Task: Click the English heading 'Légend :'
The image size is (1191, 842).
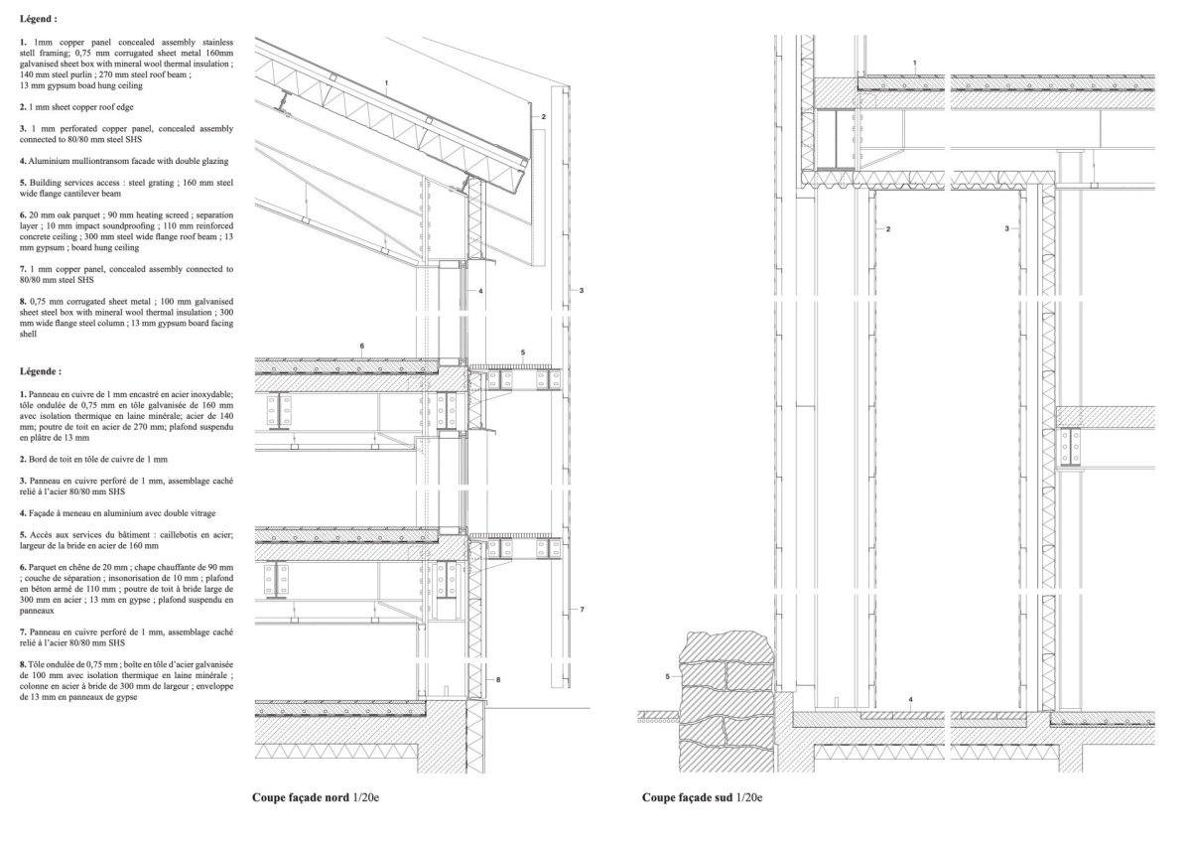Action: click(x=39, y=19)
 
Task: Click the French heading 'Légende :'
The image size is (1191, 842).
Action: click(x=41, y=371)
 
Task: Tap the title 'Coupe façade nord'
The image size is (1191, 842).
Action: click(x=301, y=798)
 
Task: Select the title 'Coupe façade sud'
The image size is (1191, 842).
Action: click(x=688, y=798)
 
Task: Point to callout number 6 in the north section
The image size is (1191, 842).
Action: click(x=362, y=347)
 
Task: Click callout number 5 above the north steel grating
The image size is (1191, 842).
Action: click(x=523, y=352)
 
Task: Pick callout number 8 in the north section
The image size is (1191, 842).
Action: click(x=497, y=680)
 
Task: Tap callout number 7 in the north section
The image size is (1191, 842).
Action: click(x=582, y=610)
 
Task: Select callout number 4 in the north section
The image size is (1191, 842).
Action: click(x=480, y=292)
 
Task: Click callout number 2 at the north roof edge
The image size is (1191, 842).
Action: click(x=543, y=117)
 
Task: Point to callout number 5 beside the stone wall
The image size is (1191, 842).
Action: click(x=667, y=676)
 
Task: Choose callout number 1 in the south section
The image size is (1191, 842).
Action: click(x=914, y=64)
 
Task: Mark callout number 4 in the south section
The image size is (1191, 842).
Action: click(x=910, y=700)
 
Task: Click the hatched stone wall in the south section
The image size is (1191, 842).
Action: click(x=727, y=702)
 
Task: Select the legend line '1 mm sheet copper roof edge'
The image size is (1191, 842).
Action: click(x=76, y=107)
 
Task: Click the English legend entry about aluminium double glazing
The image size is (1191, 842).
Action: click(x=124, y=161)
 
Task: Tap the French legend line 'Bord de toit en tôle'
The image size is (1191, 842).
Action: click(x=93, y=459)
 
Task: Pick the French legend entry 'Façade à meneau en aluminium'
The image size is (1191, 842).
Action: click(x=117, y=513)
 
